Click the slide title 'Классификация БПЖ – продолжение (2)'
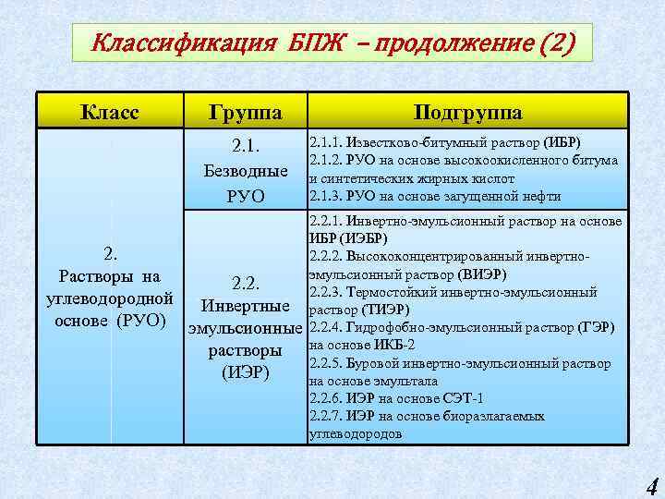(x=332, y=43)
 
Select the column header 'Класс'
(x=109, y=113)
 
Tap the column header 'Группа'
(x=245, y=113)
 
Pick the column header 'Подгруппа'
(x=467, y=113)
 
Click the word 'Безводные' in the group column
(x=245, y=171)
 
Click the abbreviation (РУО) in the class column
(x=140, y=321)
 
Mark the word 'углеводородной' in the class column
(x=109, y=298)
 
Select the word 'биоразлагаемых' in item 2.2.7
(x=494, y=416)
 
